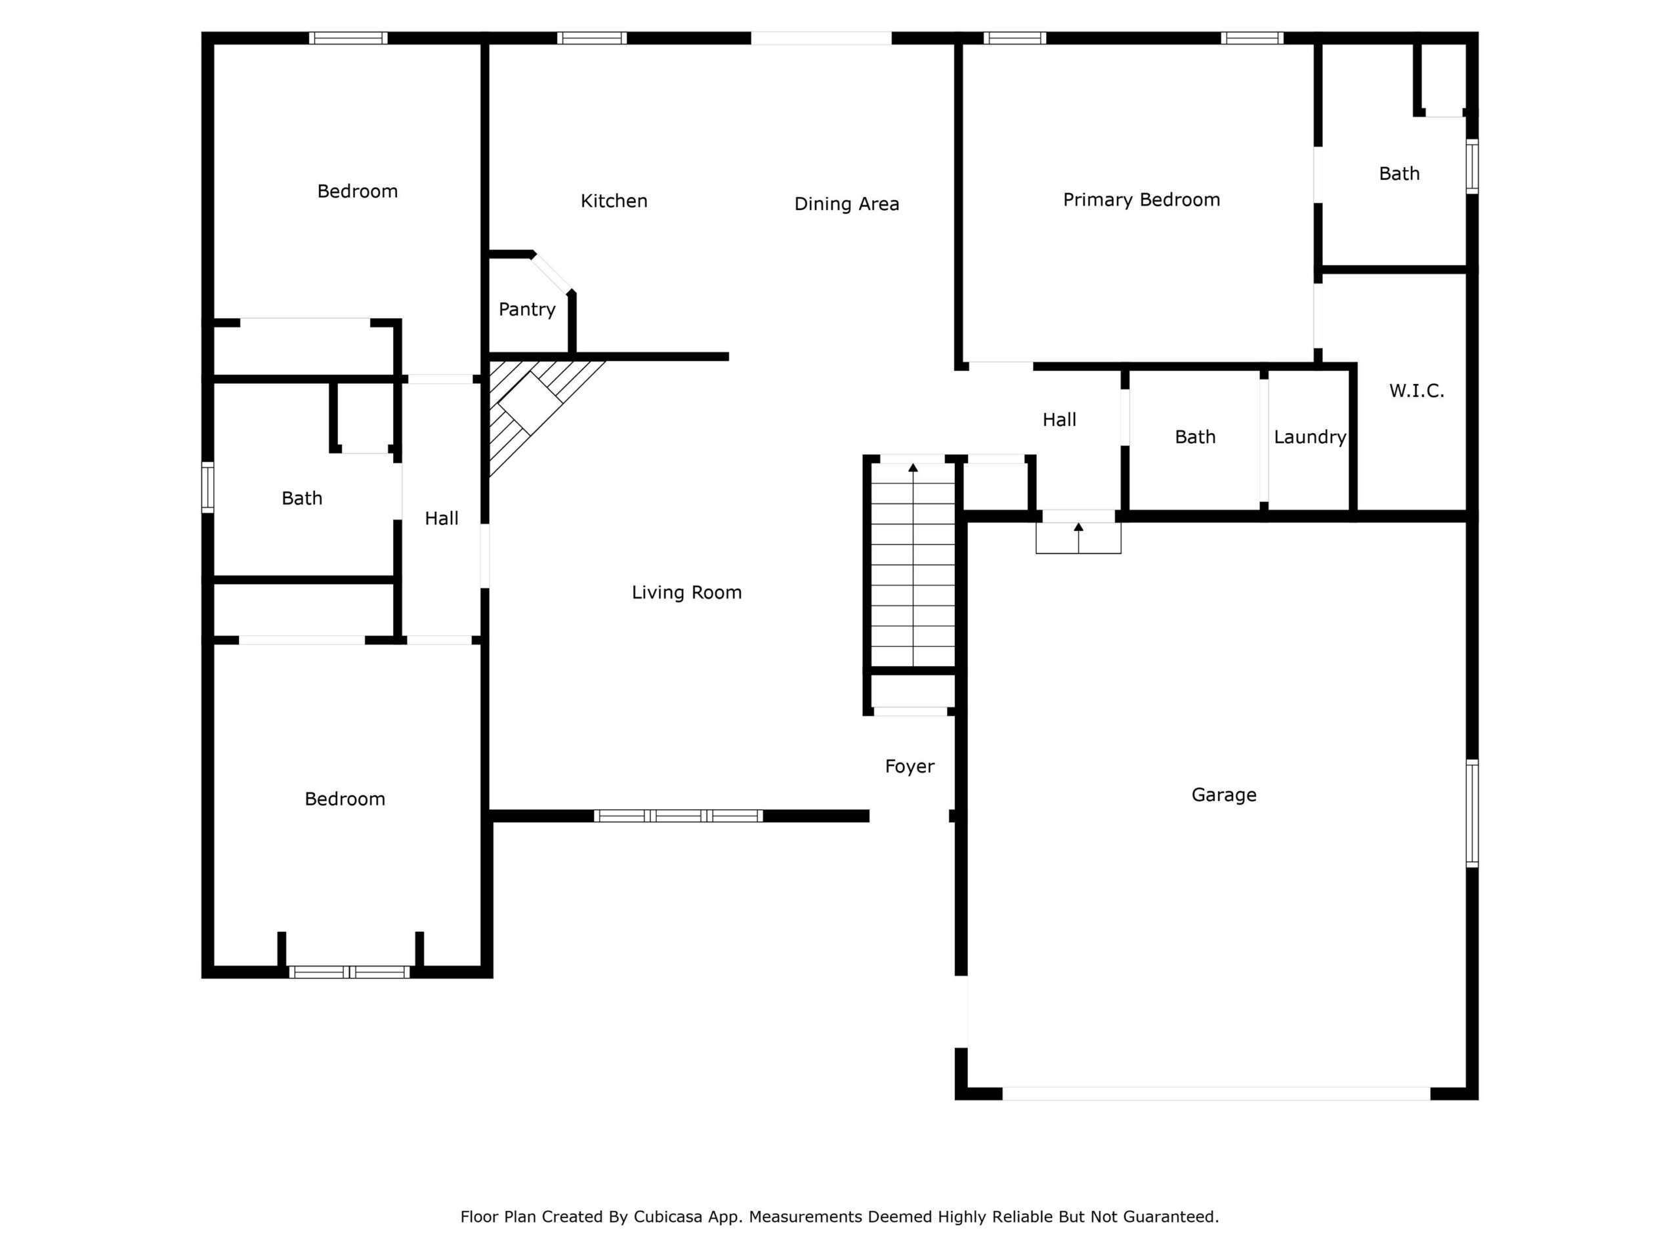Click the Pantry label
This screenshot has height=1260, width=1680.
(x=526, y=309)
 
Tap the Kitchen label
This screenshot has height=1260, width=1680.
(x=614, y=201)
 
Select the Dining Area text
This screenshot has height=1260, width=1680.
(x=846, y=203)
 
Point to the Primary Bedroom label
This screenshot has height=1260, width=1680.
(x=1141, y=199)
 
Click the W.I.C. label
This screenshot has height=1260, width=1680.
(x=1416, y=390)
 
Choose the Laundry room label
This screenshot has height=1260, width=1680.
(x=1309, y=436)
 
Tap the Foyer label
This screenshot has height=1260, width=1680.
(x=909, y=766)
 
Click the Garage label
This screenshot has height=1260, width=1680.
(x=1223, y=795)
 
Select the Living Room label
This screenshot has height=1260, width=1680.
(x=686, y=593)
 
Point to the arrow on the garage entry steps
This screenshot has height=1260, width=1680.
(x=1078, y=537)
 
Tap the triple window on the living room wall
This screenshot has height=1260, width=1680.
(x=678, y=816)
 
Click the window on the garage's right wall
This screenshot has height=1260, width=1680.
(x=1472, y=812)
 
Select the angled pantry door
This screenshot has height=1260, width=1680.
(x=552, y=272)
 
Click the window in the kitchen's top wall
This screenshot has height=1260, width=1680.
(x=592, y=38)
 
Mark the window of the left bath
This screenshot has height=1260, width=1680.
(x=207, y=487)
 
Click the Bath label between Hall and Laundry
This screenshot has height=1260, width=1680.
(x=1194, y=436)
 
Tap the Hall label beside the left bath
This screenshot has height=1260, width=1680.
(x=441, y=518)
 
